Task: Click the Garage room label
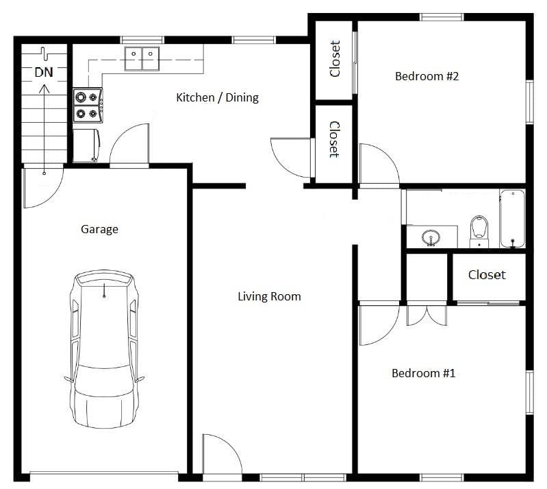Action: pos(99,229)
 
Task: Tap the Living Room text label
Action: pos(269,296)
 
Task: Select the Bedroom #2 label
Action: pos(427,76)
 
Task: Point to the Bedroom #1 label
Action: pos(424,373)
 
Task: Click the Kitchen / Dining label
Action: pos(217,97)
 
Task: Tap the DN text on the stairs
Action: pos(44,72)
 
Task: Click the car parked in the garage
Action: pos(104,349)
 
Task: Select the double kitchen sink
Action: pos(142,59)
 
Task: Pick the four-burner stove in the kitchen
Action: pos(88,105)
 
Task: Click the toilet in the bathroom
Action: pos(479,231)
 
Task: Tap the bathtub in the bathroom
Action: pos(512,219)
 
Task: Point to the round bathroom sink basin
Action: pos(431,238)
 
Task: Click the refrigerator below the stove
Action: pos(86,146)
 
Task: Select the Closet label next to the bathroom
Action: pos(487,275)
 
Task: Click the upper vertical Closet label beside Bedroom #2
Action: pos(335,59)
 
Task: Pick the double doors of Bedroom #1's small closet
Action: pos(427,315)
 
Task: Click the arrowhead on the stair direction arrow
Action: pos(44,88)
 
